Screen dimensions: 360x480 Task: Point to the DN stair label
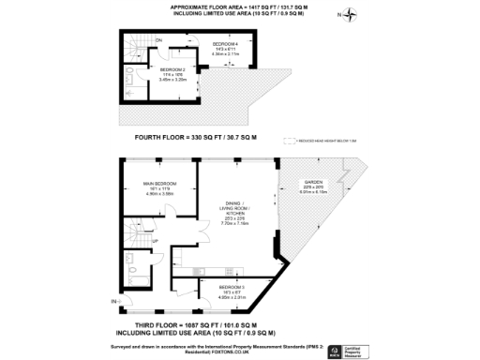pos(158,40)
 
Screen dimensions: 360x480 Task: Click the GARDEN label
pos(310,184)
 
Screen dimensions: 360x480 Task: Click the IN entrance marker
pos(113,301)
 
